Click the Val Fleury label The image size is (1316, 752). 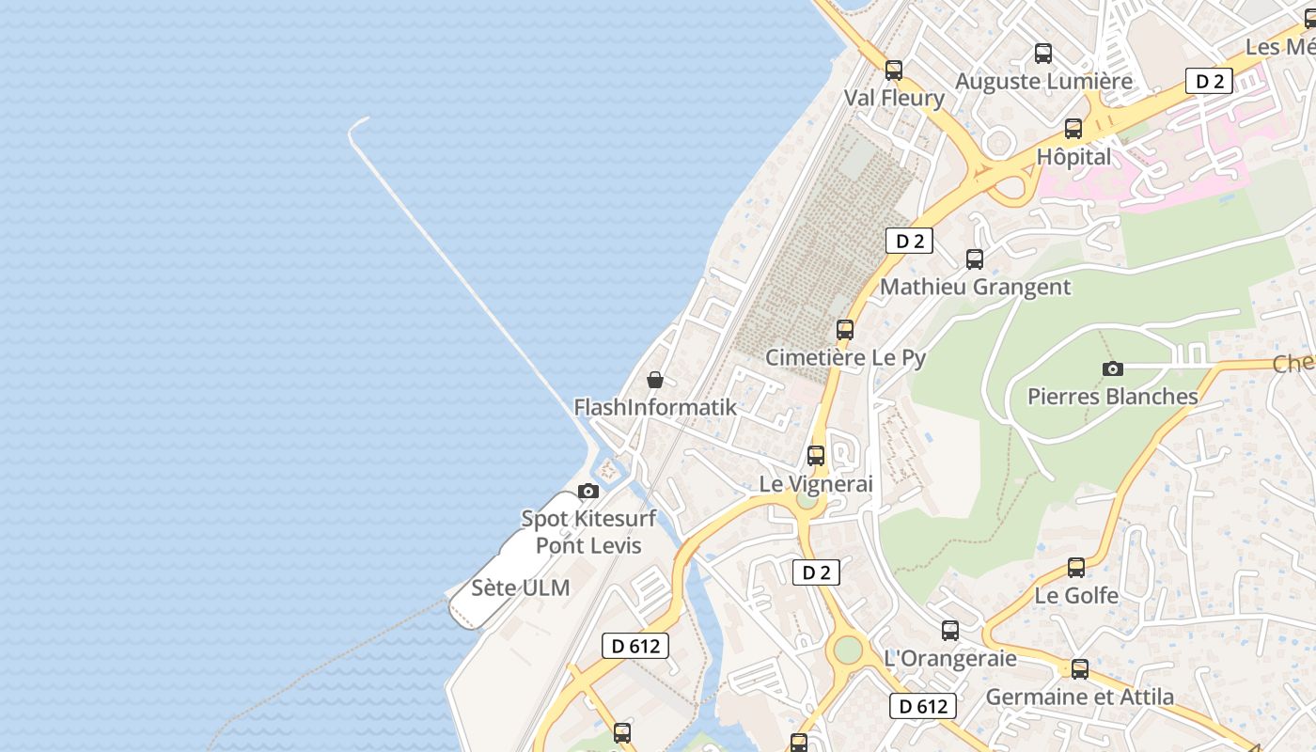point(893,98)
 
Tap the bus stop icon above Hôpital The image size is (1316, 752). point(1073,129)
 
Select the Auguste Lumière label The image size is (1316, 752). point(1043,82)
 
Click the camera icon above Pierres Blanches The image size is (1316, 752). point(1113,368)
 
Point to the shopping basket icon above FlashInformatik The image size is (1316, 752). point(655,380)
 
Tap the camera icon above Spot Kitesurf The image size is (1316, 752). point(588,491)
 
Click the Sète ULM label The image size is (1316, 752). point(520,588)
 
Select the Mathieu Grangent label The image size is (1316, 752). point(975,288)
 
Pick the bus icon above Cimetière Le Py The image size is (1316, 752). point(845,329)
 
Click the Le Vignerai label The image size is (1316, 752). point(816,484)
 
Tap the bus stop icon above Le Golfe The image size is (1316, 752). point(1076,568)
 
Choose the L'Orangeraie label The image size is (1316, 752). point(950,658)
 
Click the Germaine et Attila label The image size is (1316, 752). point(1079,697)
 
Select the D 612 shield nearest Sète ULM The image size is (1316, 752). point(635,646)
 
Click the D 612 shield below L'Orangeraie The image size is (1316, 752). point(923,706)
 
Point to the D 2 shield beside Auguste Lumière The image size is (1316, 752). point(1209,81)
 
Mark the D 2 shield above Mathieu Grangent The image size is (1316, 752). point(909,242)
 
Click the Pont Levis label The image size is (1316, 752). point(588,545)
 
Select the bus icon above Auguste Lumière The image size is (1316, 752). point(1043,54)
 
